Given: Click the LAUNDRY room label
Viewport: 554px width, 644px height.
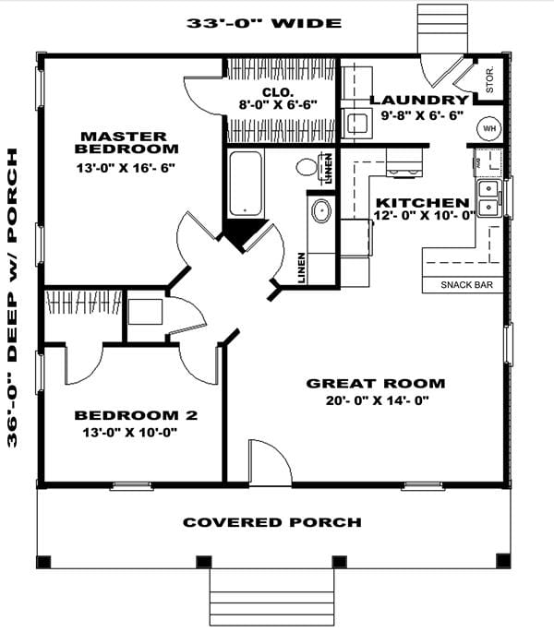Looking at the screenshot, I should pyautogui.click(x=419, y=100).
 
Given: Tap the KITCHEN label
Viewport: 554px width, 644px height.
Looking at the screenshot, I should pyautogui.click(x=421, y=202).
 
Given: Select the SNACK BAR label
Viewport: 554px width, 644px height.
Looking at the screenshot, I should pyautogui.click(x=464, y=285).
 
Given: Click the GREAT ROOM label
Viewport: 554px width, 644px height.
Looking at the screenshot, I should pyautogui.click(x=375, y=383).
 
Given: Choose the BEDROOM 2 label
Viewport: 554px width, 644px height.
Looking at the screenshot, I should pyautogui.click(x=136, y=414).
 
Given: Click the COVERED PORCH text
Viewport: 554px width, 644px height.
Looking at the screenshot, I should pyautogui.click(x=271, y=522).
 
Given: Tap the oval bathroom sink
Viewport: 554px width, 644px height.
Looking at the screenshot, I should pyautogui.click(x=321, y=211).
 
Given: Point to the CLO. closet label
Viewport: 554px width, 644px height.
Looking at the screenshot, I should pyautogui.click(x=277, y=92).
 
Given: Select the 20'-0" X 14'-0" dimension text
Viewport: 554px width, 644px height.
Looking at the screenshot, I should pyautogui.click(x=375, y=400).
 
